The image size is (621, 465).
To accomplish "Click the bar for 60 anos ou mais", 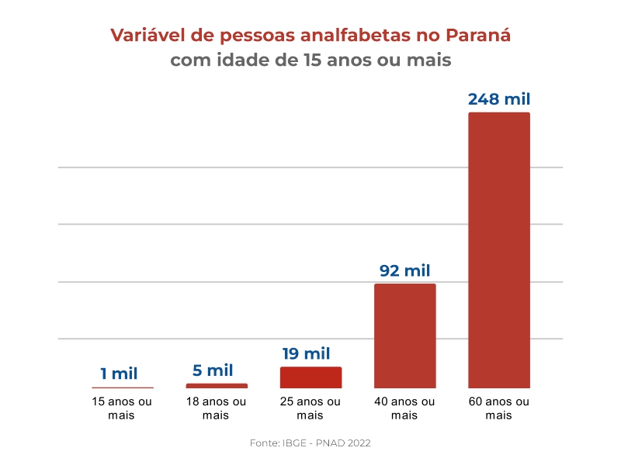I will click(x=498, y=250).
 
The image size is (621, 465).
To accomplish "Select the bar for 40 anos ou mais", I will click(x=404, y=335).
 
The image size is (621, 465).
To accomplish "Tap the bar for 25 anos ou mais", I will click(x=310, y=377).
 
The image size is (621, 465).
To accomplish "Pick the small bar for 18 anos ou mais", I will click(x=217, y=385).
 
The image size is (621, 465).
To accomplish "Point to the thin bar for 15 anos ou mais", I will click(x=123, y=387).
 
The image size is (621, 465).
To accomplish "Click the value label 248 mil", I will click(x=499, y=99).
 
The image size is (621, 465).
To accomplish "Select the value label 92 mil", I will click(x=404, y=270).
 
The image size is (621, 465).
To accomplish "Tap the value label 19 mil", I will click(x=306, y=353).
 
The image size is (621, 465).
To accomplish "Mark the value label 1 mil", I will click(x=119, y=374).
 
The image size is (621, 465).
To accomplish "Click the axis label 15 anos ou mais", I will click(x=122, y=408).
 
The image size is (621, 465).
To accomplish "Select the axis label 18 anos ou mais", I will click(x=216, y=408).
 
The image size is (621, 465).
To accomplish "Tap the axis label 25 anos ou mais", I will click(x=310, y=408).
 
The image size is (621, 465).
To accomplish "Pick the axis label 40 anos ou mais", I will click(x=404, y=408).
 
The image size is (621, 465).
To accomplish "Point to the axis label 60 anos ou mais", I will click(x=498, y=408).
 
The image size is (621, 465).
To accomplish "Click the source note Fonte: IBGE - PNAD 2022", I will click(x=310, y=443).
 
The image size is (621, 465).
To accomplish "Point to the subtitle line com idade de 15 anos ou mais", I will click(x=310, y=60).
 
